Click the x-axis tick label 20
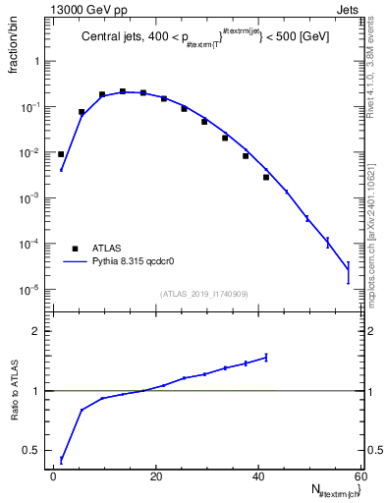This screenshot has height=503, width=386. click(156, 476)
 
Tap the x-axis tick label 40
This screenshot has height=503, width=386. click(257, 476)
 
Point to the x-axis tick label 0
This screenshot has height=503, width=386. click(54, 476)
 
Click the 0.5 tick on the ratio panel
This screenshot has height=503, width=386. click(38, 451)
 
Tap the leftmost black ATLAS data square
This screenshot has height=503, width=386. click(61, 154)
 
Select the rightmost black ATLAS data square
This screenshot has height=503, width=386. click(266, 177)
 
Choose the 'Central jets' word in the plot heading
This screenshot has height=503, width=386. click(108, 37)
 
